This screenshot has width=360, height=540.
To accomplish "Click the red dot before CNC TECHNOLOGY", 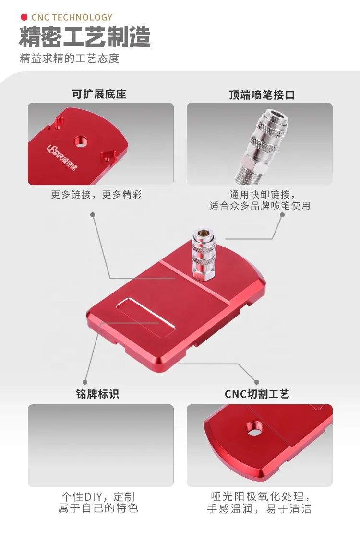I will pyautogui.click(x=24, y=18).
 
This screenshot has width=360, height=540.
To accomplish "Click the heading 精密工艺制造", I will pyautogui.click(x=85, y=37).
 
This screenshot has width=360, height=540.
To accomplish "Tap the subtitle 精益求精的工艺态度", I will pyautogui.click(x=69, y=59).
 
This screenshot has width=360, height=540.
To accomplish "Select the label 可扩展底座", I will pyautogui.click(x=99, y=94).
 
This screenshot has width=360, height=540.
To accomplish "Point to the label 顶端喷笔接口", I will pyautogui.click(x=262, y=94).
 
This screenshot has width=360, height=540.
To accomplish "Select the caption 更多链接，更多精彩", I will pyautogui.click(x=96, y=195).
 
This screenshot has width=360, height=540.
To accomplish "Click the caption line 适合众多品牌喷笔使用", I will pyautogui.click(x=260, y=206).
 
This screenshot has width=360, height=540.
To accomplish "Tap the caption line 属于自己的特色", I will pyautogui.click(x=98, y=508).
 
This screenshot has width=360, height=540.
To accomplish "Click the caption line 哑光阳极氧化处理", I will pyautogui.click(x=260, y=496).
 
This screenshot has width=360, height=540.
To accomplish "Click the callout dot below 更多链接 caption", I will pyautogui.click(x=93, y=215).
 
